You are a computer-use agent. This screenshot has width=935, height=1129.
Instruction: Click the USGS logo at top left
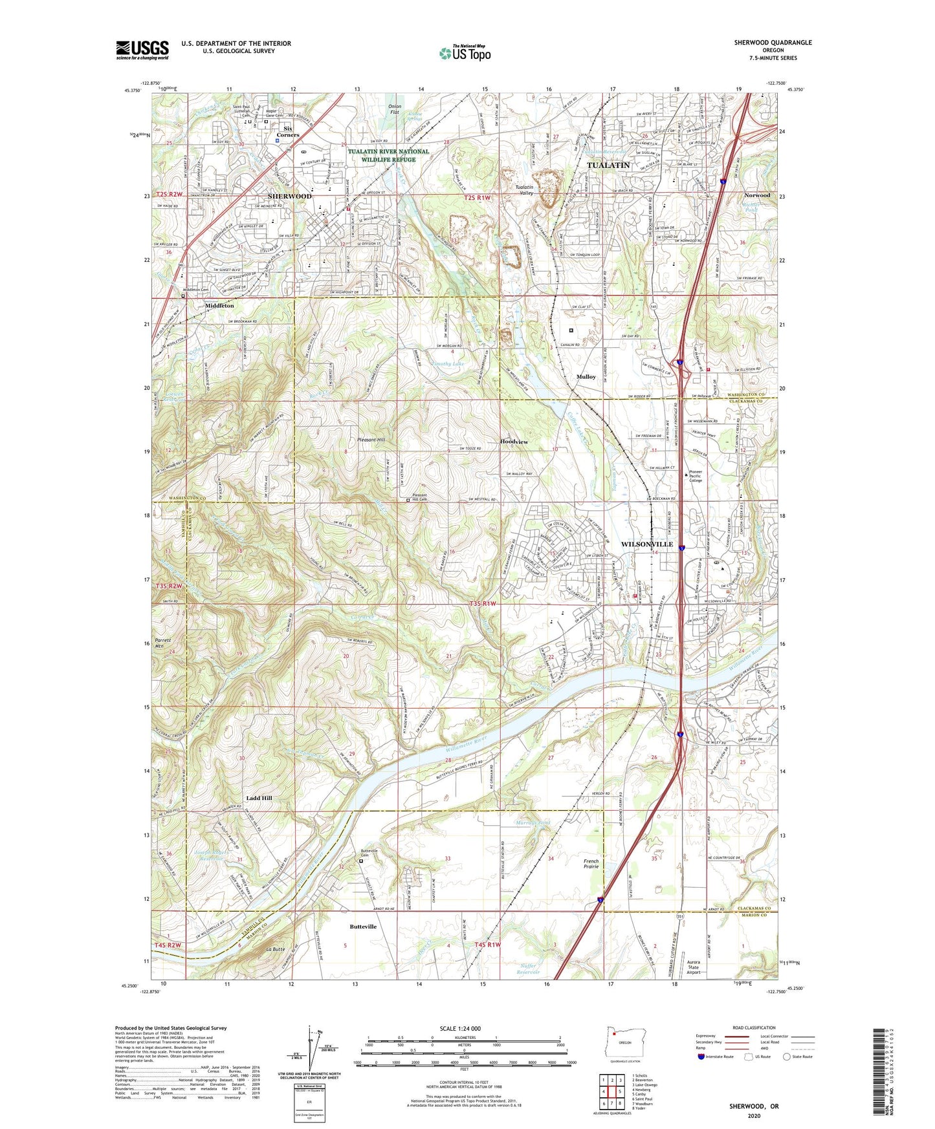tap(142, 50)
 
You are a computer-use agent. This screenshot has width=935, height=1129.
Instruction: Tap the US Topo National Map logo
tap(465, 53)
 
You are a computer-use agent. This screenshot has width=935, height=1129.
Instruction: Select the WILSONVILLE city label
tap(646, 544)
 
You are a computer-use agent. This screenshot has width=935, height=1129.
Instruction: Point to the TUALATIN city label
tap(608, 166)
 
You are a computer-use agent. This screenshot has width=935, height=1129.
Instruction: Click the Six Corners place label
tap(288, 132)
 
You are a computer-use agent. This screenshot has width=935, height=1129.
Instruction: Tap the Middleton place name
tap(219, 305)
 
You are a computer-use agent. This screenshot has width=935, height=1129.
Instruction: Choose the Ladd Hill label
tap(259, 798)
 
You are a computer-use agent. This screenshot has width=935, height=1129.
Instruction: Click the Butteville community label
tap(363, 927)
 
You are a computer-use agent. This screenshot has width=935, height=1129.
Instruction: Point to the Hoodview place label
tap(514, 442)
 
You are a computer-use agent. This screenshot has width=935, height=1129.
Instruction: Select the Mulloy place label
tap(586, 376)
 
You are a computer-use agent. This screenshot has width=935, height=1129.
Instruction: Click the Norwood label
tap(756, 195)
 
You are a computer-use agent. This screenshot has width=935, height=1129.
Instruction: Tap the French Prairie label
tap(591, 865)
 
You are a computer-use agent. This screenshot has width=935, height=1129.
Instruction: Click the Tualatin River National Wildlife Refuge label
tap(388, 155)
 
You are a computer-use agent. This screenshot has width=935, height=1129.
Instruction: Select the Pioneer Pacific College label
tap(696, 476)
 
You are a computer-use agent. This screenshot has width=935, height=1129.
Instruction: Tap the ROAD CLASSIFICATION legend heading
tap(754, 1027)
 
